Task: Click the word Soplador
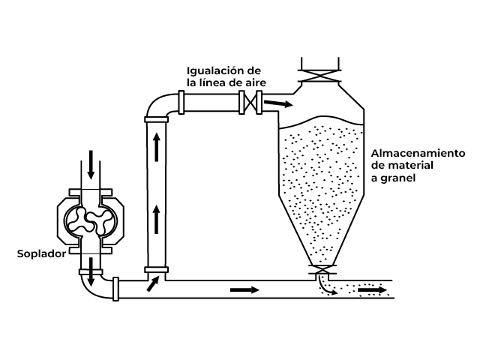point(41,254)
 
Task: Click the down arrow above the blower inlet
point(91,164)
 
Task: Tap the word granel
point(398,178)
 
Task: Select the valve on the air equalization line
point(248,102)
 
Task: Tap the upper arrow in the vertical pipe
point(157,147)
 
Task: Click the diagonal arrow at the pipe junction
point(154,283)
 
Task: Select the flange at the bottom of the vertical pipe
point(157,269)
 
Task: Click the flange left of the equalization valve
point(183,102)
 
